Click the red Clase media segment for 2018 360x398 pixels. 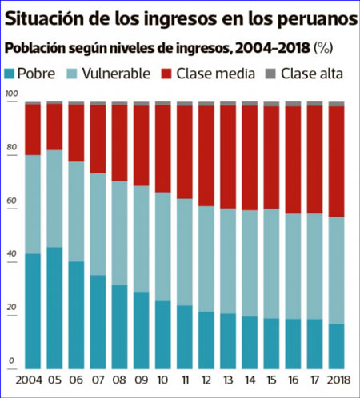click(336, 161)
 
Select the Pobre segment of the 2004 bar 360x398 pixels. click(33, 311)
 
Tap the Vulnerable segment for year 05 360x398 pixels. click(54, 199)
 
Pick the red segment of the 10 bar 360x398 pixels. click(163, 149)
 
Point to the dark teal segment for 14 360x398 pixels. click(250, 343)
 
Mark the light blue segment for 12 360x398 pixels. click(206, 259)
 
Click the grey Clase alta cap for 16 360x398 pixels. click(293, 104)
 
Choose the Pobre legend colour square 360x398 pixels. click(10, 74)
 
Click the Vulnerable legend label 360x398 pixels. click(116, 74)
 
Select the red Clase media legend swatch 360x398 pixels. click(166, 74)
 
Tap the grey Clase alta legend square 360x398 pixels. click(270, 74)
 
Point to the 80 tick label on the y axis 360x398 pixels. click(11, 147)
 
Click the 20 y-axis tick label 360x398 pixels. click(11, 307)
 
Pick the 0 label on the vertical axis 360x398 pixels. click(11, 360)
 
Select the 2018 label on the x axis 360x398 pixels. click(338, 380)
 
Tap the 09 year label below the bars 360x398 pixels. click(142, 380)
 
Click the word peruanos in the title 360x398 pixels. click(317, 19)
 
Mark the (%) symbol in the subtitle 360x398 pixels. click(323, 48)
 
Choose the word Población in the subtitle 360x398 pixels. click(35, 48)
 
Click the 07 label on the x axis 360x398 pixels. click(98, 380)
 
